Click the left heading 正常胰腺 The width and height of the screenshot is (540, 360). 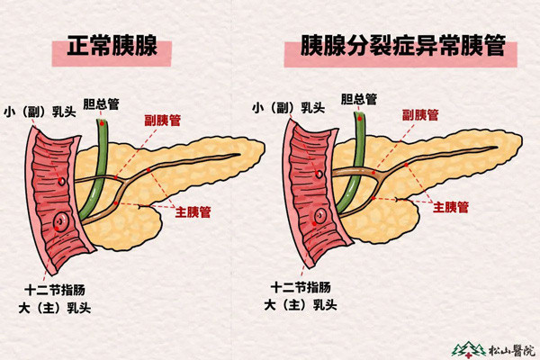[x=112, y=46]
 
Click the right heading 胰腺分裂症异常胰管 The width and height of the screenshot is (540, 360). [x=403, y=45]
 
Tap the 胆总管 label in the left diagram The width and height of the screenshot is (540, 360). [x=101, y=103]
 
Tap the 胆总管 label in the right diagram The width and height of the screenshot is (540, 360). [x=359, y=99]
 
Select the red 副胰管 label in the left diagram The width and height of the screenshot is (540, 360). [x=163, y=121]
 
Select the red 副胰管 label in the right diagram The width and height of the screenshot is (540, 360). [x=420, y=115]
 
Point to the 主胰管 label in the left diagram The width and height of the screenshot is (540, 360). [x=193, y=211]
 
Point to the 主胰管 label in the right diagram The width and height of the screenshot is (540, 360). [x=451, y=207]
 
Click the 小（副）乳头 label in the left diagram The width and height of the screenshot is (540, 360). [x=40, y=112]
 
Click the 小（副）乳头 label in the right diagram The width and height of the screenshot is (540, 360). [x=289, y=108]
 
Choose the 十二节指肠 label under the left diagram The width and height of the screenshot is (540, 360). [x=55, y=290]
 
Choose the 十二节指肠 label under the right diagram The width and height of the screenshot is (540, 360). [x=301, y=287]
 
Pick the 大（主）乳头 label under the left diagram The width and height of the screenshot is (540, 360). [x=55, y=308]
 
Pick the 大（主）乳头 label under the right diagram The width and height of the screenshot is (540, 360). [x=301, y=304]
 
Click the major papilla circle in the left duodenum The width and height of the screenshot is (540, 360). [x=62, y=220]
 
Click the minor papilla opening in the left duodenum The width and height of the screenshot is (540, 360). [x=62, y=181]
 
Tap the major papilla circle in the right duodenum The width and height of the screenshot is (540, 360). [x=320, y=216]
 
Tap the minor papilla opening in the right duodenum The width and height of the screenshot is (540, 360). [x=319, y=174]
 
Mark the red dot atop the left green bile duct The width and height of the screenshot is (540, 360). [x=102, y=123]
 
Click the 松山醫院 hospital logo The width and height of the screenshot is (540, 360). [x=493, y=349]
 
